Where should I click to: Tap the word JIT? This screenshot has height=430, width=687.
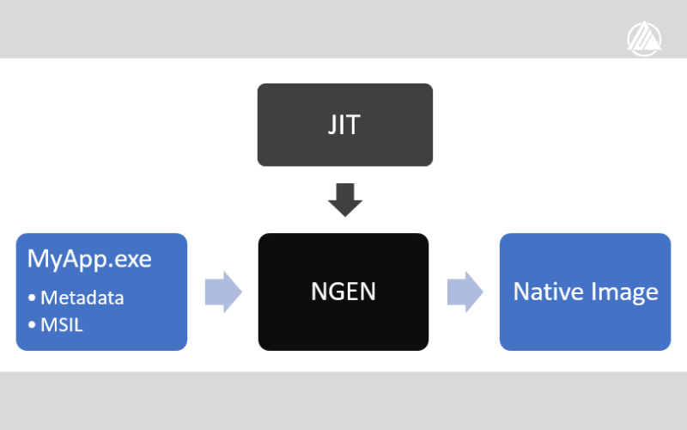coord(344,124)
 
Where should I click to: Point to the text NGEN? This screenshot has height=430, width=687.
coord(343,292)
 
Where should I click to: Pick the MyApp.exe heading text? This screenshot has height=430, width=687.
coord(89,258)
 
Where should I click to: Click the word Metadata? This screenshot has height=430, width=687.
coord(82,298)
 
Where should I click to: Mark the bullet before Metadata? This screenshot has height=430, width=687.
coord(33,298)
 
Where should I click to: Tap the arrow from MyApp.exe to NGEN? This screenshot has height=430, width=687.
coord(223,292)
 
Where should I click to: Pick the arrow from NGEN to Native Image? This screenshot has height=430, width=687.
coord(465,292)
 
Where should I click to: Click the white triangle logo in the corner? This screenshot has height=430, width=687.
coord(643,37)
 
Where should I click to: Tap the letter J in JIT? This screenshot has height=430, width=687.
coord(331,124)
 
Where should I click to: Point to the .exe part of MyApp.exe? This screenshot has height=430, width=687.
coord(131,258)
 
